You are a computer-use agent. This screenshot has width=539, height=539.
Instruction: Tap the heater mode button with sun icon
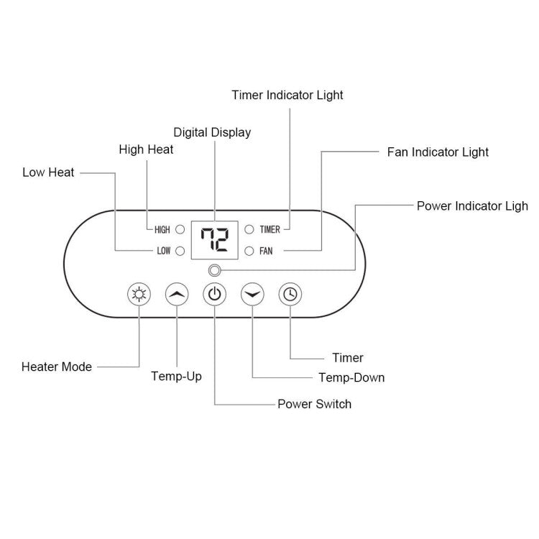point(139,294)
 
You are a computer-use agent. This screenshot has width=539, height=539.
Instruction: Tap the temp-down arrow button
point(252,294)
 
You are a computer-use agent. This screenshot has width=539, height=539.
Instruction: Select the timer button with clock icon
point(290,294)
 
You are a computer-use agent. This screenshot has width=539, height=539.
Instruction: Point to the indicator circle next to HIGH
point(180,230)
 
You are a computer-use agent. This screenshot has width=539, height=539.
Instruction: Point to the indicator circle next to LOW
point(180,251)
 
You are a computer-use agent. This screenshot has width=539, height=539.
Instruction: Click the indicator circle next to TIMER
point(249,230)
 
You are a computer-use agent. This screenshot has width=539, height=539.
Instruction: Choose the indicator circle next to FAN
point(249,251)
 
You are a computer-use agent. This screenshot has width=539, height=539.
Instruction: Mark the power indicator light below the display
point(213,271)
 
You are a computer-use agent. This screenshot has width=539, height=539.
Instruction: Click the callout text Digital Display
point(213,132)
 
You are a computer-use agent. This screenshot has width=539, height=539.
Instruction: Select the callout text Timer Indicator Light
point(287,95)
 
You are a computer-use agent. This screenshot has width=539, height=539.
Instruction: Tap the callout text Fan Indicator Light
point(438,152)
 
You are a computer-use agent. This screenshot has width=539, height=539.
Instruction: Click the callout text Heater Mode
point(57,367)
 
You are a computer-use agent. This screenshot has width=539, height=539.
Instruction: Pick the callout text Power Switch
point(314,404)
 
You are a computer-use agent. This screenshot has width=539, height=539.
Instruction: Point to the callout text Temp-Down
point(351,377)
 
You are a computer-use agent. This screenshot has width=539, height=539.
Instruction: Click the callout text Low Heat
point(48,172)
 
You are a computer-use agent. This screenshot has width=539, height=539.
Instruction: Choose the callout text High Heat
point(146,149)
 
